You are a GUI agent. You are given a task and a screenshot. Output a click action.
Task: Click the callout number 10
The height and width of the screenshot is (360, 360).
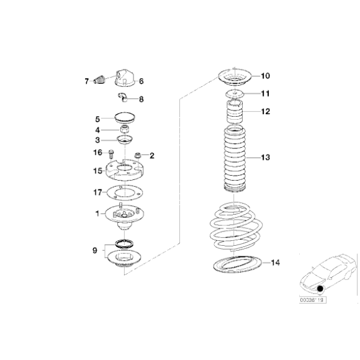[x=265, y=76]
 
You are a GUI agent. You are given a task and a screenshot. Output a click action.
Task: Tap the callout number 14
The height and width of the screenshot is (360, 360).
[x=275, y=263]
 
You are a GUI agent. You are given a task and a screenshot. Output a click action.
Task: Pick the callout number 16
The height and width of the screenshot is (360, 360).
[x=97, y=152]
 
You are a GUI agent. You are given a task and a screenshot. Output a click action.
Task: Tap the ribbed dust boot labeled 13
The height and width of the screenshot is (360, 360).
[x=236, y=158]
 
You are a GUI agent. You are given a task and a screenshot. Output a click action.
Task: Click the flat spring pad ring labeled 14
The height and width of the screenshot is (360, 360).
[x=238, y=264]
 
